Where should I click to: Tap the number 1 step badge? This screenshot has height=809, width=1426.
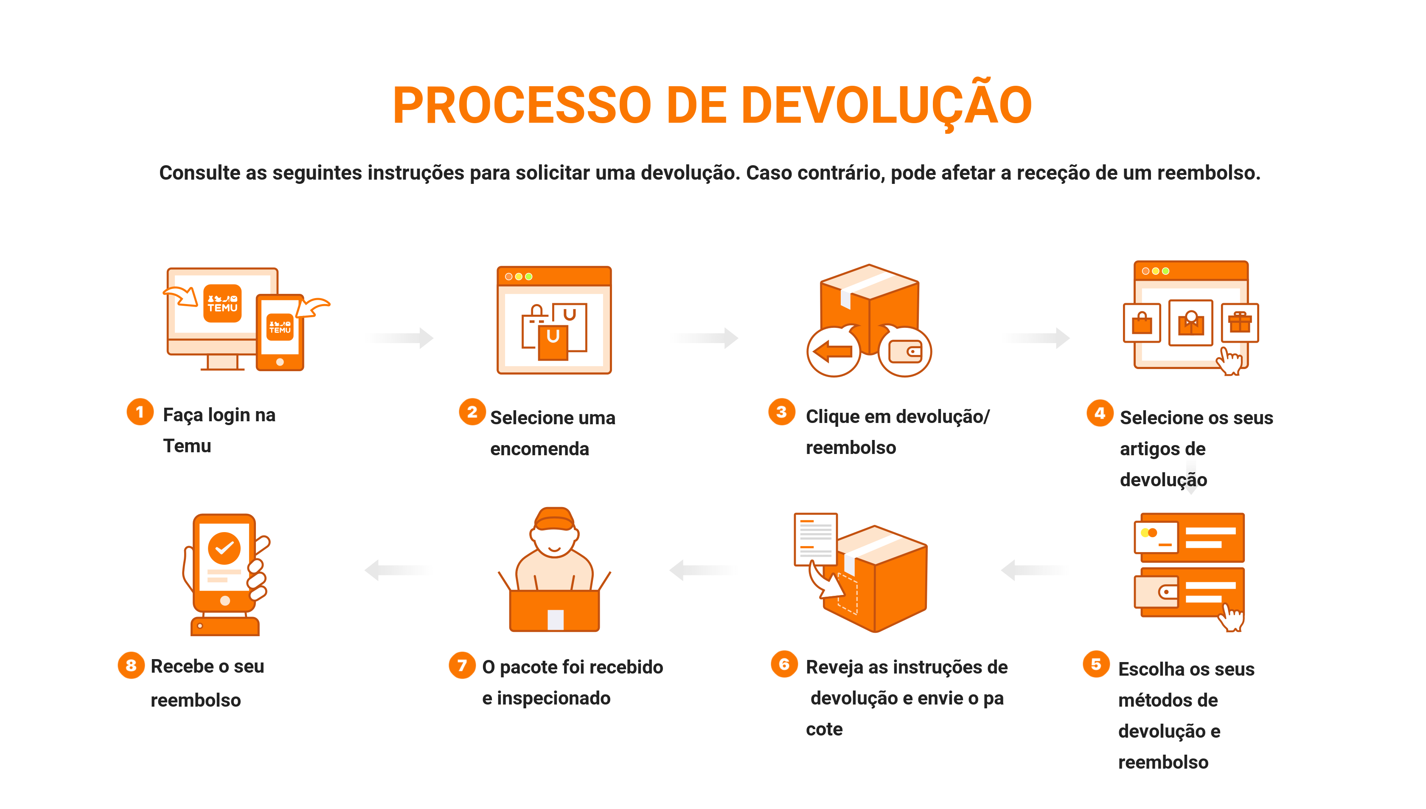point(140,412)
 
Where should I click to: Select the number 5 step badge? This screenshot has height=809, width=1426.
point(1096,664)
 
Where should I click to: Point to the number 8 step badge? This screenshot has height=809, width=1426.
point(131,665)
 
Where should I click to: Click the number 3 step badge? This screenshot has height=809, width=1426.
point(782,412)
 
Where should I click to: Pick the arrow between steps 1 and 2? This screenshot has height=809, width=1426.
point(400,337)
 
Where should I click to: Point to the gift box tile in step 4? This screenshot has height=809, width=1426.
point(1240,323)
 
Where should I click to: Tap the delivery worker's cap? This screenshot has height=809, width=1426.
point(554,519)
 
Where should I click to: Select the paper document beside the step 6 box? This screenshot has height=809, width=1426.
point(816,539)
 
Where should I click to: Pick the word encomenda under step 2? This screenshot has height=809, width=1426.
point(539,448)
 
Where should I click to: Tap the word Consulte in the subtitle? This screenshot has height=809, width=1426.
point(200,172)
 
